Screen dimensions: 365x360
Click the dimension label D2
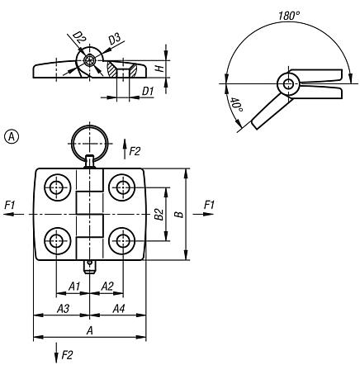pos(79,39)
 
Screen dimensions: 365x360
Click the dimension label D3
pos(116,40)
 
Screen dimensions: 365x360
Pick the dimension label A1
pos(73,286)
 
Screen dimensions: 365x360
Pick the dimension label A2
pos(107,286)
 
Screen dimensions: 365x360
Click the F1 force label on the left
pos(9,204)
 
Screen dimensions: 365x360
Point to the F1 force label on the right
pos(208,204)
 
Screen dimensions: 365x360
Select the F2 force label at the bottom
pos(67,355)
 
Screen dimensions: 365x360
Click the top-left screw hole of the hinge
pos(57,187)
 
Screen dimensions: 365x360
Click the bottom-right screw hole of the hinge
pos(123,240)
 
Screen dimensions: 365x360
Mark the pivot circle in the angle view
pos(287,83)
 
